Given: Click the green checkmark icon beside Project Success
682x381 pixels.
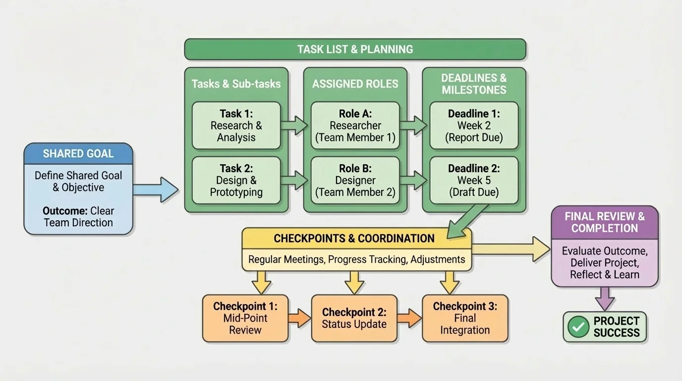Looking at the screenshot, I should pos(578,327).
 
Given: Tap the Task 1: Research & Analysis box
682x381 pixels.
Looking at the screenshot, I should pos(236,126).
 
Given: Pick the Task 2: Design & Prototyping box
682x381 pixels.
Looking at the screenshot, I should pos(236,180).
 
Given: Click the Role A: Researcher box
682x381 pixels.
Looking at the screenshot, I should pos(355,126).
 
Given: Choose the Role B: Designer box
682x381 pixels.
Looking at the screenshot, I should pos(355,180).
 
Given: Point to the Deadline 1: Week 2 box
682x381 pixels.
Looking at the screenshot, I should pos(473,126).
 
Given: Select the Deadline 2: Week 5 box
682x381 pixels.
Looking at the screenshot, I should pos(473,180).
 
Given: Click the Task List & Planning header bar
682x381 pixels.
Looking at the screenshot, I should pos(355,49).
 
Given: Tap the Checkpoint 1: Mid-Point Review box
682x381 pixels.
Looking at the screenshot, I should pos(245,318).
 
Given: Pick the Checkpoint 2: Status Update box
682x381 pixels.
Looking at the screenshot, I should pos(354,318).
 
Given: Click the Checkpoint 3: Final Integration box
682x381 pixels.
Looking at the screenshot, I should pos(464,318).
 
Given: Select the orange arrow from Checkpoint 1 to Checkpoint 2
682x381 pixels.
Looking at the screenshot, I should pos(299,318).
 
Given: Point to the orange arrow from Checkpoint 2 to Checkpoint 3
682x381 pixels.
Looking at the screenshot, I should pos(409,318).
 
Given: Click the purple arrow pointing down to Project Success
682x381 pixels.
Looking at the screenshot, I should pos(604,299).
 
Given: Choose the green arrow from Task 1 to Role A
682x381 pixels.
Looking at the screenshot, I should pos(294,125).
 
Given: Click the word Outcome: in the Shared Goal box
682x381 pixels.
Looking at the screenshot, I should pos(64,211).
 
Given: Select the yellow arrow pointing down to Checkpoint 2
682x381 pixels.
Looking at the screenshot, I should pos(354,282).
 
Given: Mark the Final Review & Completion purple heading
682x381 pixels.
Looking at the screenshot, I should pos(604,222).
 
